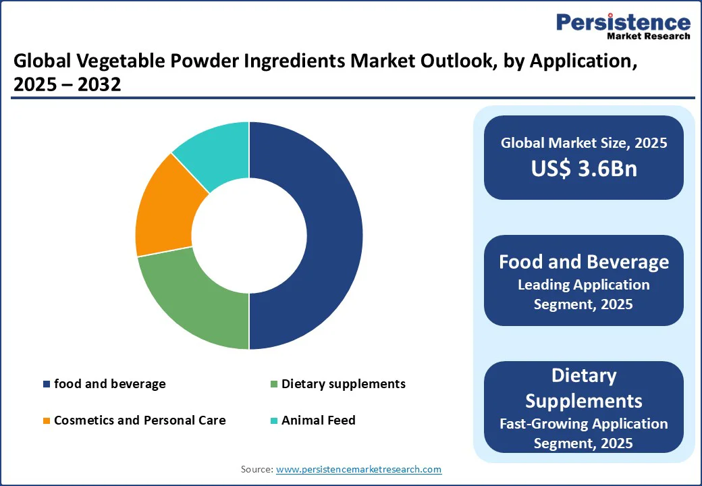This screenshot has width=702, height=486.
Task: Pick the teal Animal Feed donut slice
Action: [213, 152]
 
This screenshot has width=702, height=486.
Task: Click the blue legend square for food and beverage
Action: [46, 384]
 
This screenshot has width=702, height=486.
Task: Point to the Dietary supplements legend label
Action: [343, 384]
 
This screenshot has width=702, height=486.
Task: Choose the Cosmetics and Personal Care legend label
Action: [140, 421]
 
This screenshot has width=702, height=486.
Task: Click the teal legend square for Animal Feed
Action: [273, 421]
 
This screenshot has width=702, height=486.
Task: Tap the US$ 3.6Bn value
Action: [583, 169]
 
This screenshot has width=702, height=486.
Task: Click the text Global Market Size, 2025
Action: [583, 143]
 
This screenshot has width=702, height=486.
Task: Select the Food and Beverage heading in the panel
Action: [583, 262]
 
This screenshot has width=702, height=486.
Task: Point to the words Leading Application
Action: [583, 285]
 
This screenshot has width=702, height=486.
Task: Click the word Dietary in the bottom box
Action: [583, 375]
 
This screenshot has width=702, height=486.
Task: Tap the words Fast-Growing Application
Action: [583, 424]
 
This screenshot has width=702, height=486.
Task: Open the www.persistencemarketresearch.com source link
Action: [358, 469]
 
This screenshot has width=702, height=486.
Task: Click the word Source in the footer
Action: [256, 469]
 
